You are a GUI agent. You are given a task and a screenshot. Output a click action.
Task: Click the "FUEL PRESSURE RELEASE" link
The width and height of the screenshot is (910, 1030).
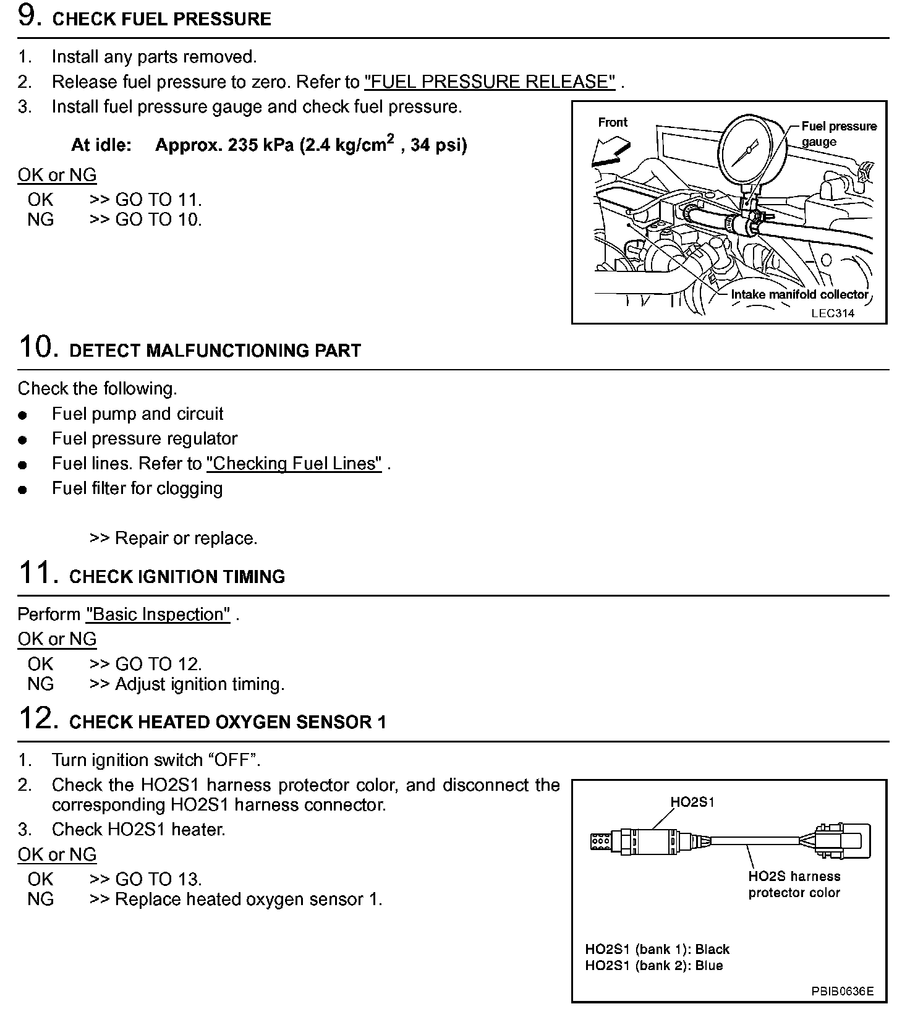click(x=490, y=82)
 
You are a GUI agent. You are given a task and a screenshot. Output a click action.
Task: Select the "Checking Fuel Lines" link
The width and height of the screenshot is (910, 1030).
click(x=294, y=464)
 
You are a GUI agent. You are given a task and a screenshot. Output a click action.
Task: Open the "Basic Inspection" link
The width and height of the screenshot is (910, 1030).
click(x=158, y=615)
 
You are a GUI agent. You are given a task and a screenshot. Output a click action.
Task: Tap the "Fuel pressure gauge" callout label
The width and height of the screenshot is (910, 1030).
click(x=838, y=134)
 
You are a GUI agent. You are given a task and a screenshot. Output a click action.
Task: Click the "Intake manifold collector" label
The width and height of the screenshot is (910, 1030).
click(x=799, y=294)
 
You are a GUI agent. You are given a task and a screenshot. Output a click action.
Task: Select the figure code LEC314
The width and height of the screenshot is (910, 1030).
click(x=833, y=313)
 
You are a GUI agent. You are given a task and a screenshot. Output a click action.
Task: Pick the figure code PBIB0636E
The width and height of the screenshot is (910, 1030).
click(x=843, y=992)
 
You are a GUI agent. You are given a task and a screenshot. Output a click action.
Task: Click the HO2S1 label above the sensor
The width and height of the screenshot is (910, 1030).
click(x=692, y=802)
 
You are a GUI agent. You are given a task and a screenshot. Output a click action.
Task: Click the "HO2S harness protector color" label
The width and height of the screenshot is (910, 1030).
click(x=794, y=884)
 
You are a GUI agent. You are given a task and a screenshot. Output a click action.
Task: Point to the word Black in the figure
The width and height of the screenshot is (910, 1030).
click(x=712, y=949)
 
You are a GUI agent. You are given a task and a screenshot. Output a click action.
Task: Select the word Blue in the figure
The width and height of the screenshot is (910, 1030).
click(x=708, y=966)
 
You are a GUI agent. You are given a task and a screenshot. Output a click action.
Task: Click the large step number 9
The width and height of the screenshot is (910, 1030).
click(x=30, y=16)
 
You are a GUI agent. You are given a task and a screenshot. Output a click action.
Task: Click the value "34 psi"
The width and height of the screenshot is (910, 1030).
click(x=438, y=145)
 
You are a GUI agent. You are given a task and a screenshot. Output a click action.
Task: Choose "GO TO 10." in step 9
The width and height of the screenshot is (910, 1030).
click(x=158, y=219)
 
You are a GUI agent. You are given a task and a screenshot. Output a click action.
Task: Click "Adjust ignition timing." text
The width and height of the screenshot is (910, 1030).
click(x=200, y=684)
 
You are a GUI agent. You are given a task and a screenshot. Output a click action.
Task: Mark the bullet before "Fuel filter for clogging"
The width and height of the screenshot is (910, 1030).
click(x=23, y=490)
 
